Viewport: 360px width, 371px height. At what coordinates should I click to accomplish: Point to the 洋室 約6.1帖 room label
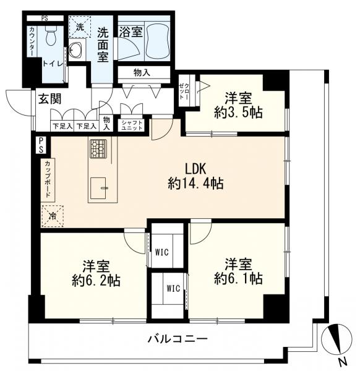(238, 271)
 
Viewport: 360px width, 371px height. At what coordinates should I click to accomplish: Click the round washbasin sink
(78, 51)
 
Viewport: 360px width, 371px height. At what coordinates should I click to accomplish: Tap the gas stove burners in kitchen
(98, 148)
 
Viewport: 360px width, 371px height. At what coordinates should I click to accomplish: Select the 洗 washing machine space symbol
(79, 27)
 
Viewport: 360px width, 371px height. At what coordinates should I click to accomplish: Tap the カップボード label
(47, 179)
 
